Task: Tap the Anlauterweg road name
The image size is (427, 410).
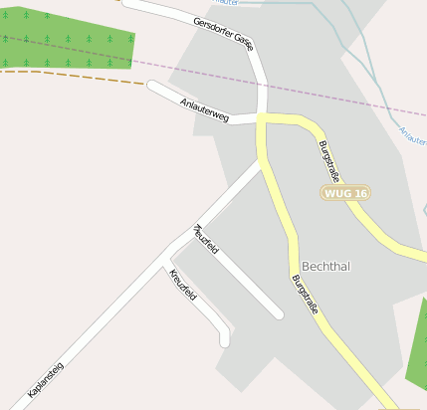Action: [x=205, y=109]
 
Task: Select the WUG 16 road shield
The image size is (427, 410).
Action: [x=346, y=192]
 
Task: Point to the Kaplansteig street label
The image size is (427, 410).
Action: [x=46, y=381]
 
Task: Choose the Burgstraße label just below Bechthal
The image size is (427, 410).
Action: [x=305, y=296]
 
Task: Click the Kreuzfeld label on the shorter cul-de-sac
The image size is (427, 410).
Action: [x=183, y=286]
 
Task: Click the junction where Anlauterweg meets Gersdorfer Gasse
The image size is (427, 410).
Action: [x=262, y=118]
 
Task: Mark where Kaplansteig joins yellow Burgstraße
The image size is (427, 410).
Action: [x=263, y=161]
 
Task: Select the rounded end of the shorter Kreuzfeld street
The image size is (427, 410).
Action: [x=225, y=340]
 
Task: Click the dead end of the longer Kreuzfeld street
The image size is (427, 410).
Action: [x=279, y=314]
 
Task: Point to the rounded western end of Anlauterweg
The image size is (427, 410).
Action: [x=152, y=86]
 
